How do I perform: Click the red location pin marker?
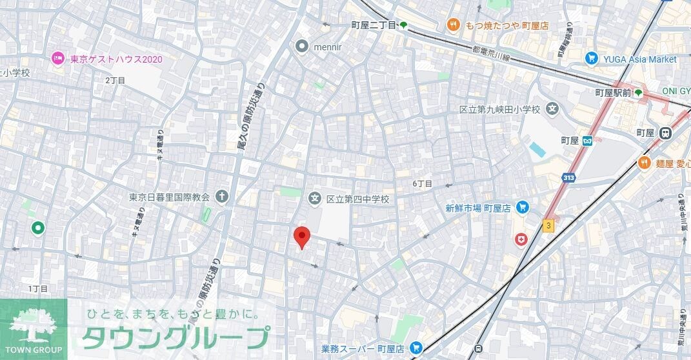301,237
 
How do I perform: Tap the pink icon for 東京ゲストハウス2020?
58,59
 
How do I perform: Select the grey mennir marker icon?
301,46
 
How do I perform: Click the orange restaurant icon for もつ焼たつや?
454,25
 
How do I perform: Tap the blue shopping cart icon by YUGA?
591,59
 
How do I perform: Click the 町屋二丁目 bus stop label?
374,25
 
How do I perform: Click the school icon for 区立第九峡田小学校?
552,110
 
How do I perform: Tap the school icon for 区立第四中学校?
315,199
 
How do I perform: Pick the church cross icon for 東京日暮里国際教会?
222,196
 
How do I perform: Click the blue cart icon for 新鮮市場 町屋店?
523,208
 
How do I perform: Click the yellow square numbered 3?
548,225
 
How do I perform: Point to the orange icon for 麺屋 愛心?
643,163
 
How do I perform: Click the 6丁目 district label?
422,184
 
